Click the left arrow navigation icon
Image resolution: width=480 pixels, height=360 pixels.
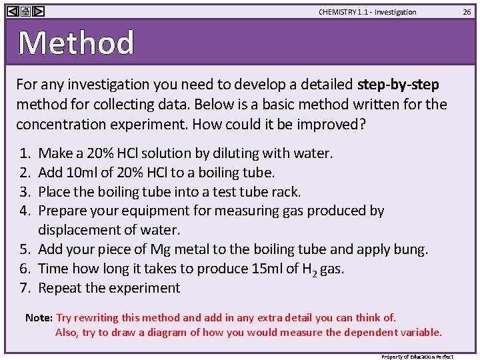[13, 11]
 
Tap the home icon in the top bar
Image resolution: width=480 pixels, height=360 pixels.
[25, 11]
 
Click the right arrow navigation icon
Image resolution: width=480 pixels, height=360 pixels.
[39, 11]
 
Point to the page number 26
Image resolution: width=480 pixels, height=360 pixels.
[467, 12]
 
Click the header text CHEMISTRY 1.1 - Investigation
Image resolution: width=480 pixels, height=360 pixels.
[367, 12]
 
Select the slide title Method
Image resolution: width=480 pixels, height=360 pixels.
[76, 43]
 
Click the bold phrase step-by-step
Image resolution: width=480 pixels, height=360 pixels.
[398, 85]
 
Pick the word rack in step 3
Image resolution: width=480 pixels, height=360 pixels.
[285, 192]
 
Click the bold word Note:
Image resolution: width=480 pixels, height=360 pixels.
[39, 318]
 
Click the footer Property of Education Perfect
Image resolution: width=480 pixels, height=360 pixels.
[417, 357]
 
